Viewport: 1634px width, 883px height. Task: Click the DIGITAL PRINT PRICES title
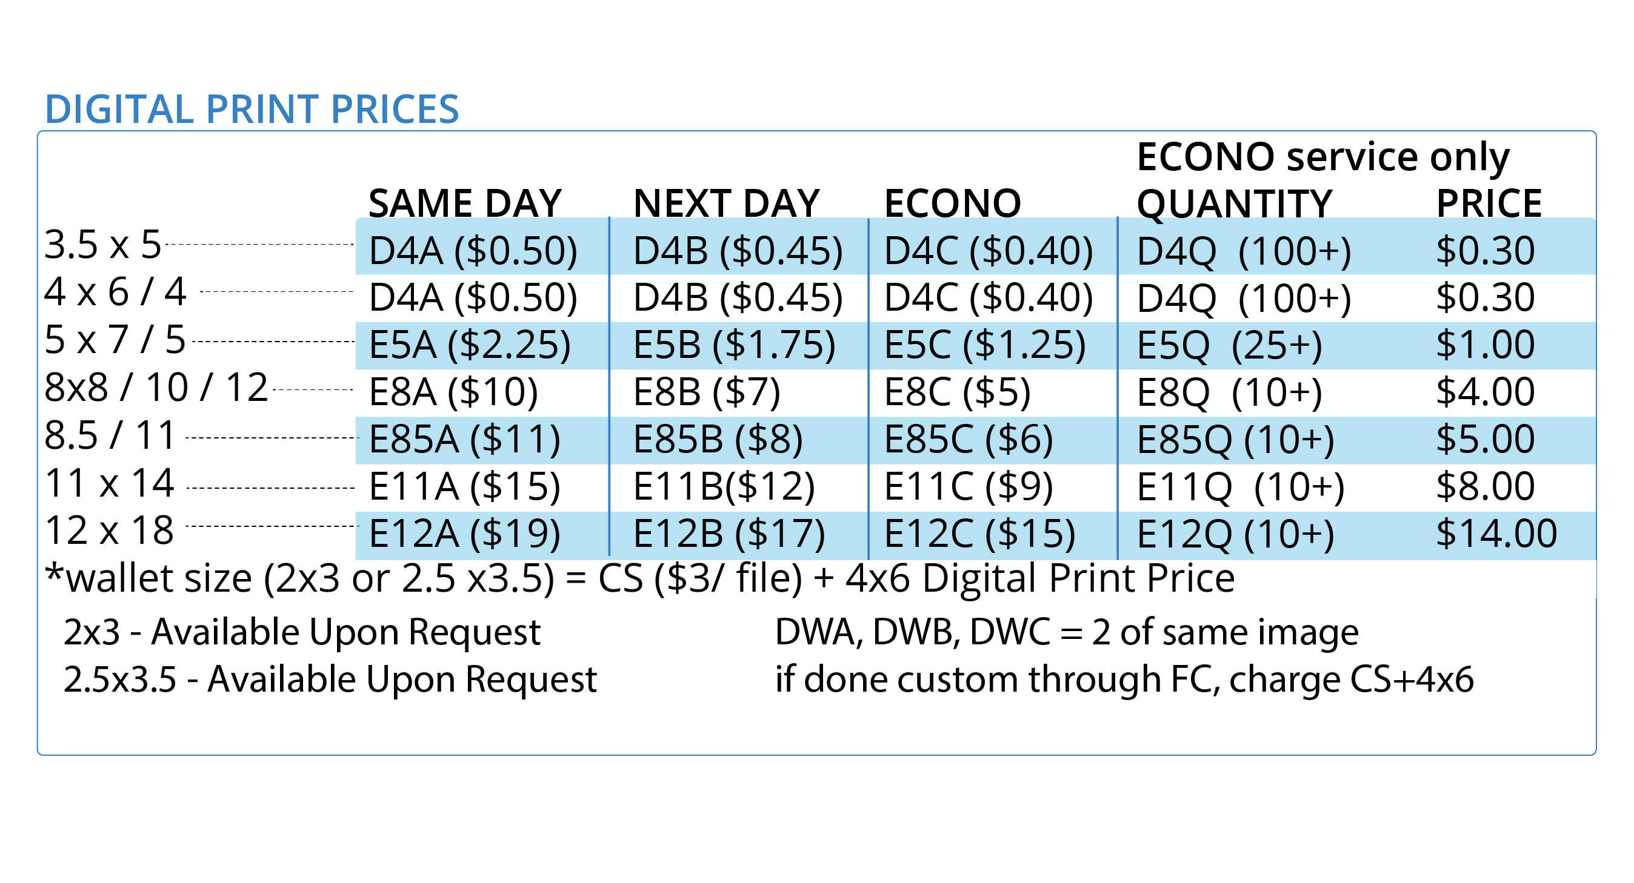[252, 109]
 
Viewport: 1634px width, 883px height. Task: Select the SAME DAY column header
[465, 203]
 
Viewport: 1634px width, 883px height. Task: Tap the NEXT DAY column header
[726, 203]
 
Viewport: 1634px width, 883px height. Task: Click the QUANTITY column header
[1234, 203]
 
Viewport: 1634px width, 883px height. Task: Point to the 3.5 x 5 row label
[103, 245]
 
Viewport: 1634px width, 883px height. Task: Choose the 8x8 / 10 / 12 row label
[156, 388]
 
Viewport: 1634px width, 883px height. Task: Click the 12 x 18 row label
[109, 531]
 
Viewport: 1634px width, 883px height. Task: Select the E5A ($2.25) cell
[469, 345]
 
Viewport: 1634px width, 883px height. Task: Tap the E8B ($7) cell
[707, 392]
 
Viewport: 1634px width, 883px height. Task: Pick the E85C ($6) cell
[968, 440]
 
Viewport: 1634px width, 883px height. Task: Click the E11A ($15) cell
[464, 487]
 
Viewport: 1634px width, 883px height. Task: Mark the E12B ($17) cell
[729, 534]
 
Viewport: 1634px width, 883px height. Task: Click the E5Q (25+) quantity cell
[1229, 345]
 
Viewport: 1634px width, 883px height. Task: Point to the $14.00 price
[1496, 534]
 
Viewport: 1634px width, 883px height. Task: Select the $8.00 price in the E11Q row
[1485, 487]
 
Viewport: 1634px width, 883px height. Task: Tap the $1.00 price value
[1485, 345]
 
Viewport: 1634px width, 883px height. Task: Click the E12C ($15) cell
[979, 534]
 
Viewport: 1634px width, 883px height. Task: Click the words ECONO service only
[1322, 157]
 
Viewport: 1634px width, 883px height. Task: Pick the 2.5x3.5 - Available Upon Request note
[330, 680]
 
